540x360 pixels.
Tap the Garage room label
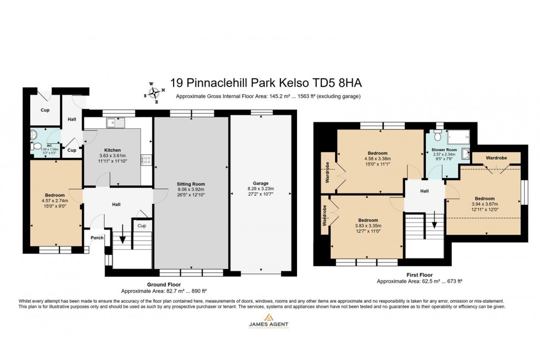(x=262, y=182)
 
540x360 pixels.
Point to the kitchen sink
(x=117, y=122)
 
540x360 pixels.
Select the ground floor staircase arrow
(x=122, y=241)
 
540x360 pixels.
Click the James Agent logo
(x=268, y=321)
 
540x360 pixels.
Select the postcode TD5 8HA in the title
(x=338, y=83)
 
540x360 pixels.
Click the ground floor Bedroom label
(x=55, y=195)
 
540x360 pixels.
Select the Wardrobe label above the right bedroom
(x=496, y=158)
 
